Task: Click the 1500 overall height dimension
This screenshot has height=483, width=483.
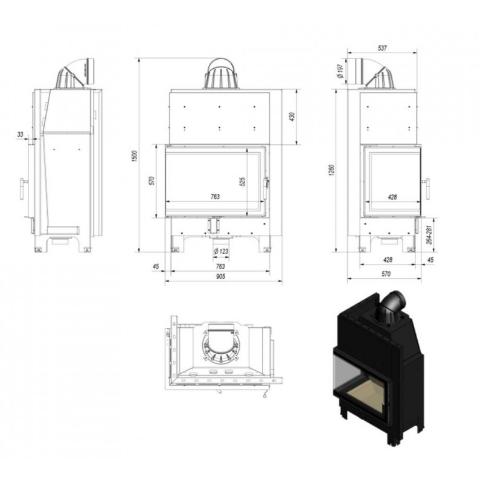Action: click(x=134, y=156)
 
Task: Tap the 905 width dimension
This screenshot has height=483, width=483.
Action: click(x=220, y=277)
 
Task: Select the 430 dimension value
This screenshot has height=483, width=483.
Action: click(x=292, y=117)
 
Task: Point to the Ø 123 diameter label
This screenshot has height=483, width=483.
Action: click(x=221, y=251)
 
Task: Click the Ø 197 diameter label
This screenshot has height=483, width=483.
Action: click(x=340, y=71)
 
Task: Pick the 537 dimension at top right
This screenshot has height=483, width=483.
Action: click(x=382, y=48)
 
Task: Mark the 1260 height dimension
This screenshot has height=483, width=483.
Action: click(x=331, y=170)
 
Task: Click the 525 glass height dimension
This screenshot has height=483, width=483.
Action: click(x=243, y=182)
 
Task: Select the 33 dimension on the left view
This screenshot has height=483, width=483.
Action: click(x=21, y=134)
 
